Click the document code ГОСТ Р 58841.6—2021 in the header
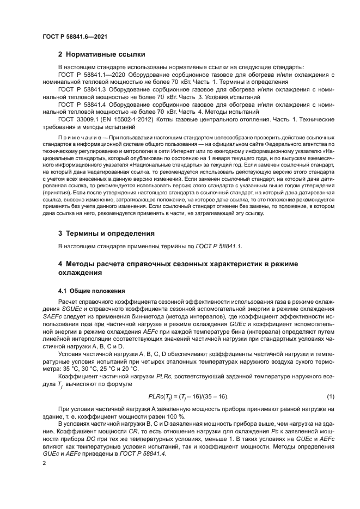pos(74,36)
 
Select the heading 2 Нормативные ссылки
pos(101,54)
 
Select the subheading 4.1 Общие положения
pos(91,290)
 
